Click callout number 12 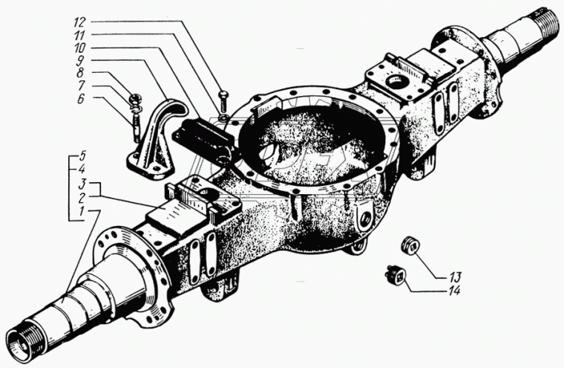[x=79, y=22]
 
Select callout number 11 [x=79, y=35]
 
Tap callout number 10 [x=80, y=48]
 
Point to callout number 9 [x=80, y=60]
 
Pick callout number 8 [x=80, y=73]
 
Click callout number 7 [x=81, y=85]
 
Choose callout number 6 [x=81, y=98]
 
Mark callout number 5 [x=82, y=156]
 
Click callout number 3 [x=82, y=184]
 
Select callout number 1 [x=82, y=211]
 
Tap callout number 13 [x=455, y=277]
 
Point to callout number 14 [x=455, y=290]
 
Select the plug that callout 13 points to [x=410, y=246]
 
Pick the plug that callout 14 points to [x=396, y=274]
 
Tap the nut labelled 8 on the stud [x=136, y=97]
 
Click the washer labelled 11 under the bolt [x=223, y=117]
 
